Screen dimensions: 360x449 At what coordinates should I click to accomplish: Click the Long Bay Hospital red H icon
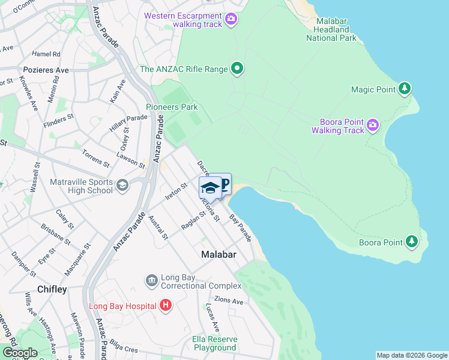tap(166, 306)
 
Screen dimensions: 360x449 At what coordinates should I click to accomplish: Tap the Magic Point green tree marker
tap(405, 89)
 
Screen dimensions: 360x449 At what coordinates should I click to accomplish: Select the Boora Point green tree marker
tap(411, 242)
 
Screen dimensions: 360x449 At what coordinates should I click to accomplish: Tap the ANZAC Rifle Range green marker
tap(237, 69)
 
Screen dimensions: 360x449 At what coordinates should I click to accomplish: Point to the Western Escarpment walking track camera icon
tap(231, 20)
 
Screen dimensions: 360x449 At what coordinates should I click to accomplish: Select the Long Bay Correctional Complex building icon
tap(151, 280)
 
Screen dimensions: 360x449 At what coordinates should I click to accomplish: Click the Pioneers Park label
tap(172, 107)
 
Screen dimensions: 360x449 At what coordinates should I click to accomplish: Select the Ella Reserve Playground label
tap(214, 343)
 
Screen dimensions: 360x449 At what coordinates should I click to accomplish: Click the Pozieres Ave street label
tap(46, 70)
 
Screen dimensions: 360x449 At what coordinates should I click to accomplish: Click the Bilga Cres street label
tap(123, 346)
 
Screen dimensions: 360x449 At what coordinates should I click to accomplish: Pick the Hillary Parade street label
tap(128, 123)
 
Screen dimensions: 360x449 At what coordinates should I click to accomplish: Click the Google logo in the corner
tap(19, 353)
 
